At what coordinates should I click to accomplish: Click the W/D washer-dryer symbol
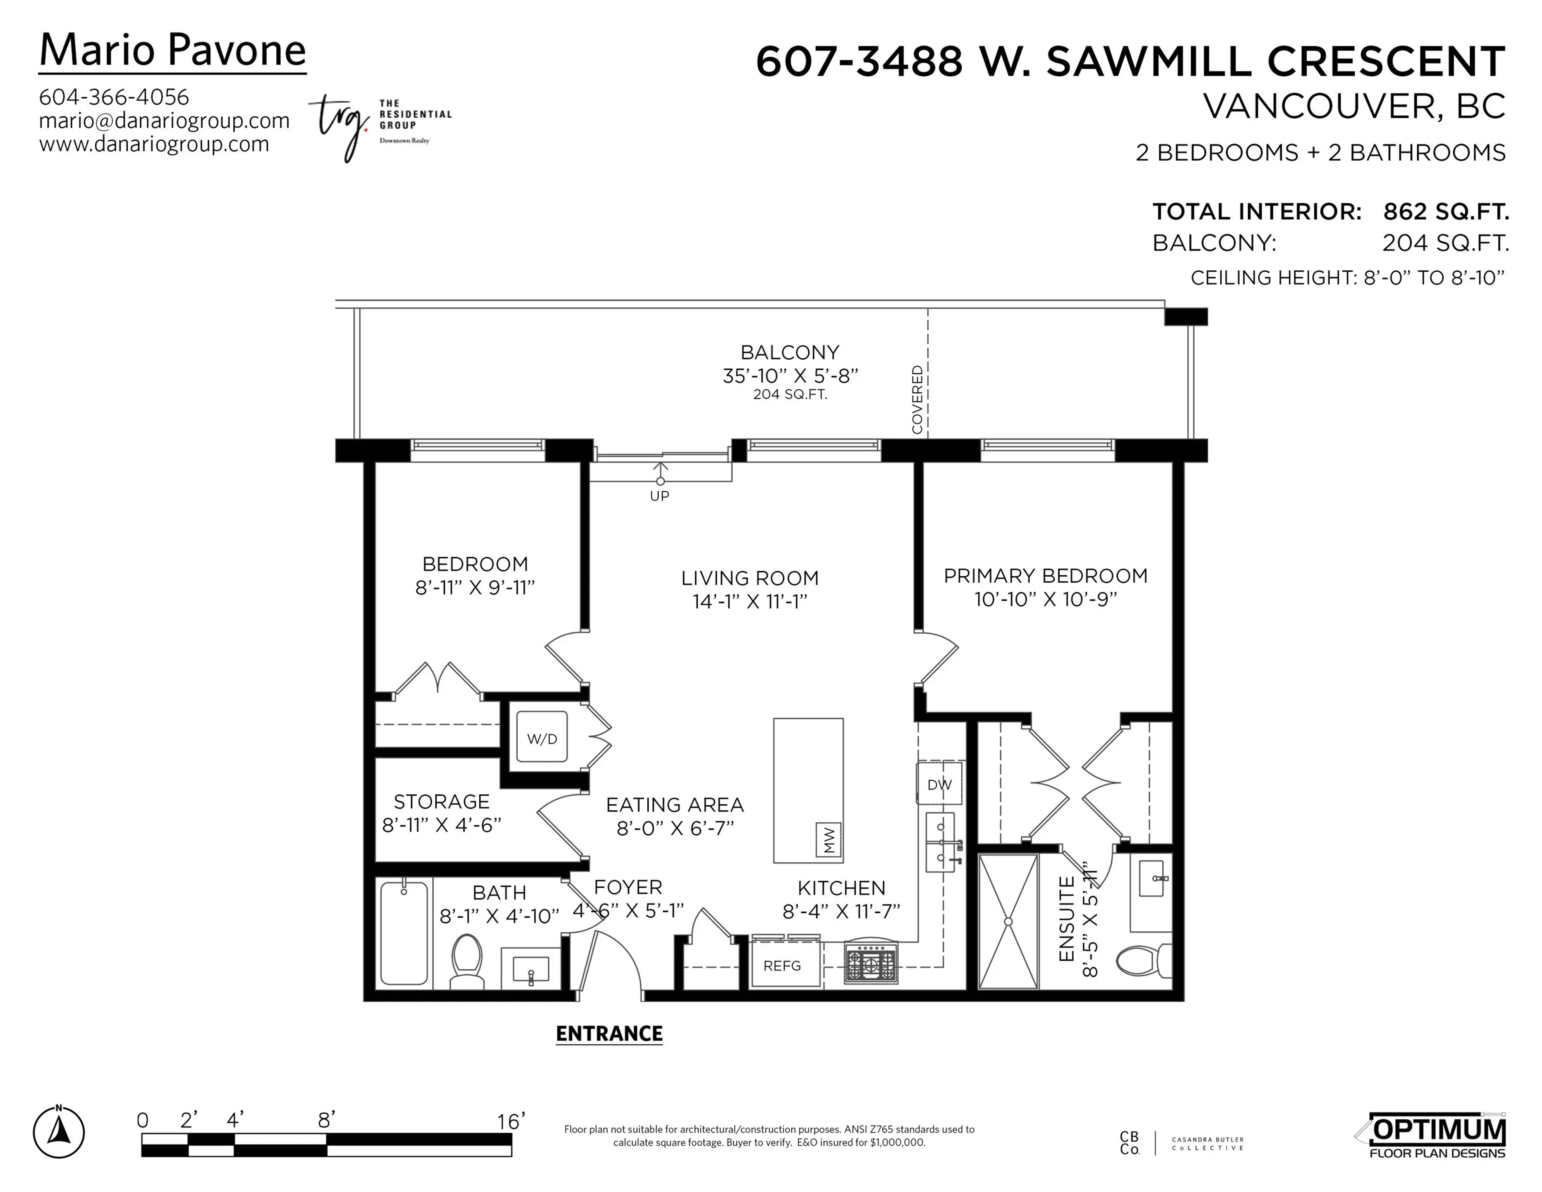coord(542,737)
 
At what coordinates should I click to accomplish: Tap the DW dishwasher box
coord(939,784)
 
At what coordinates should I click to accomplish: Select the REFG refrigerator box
coord(782,965)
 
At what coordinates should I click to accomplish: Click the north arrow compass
coord(59,1133)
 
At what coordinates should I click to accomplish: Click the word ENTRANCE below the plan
coord(609,1034)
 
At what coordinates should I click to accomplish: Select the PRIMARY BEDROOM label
coord(1045,576)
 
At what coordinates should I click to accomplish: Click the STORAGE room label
coord(441,802)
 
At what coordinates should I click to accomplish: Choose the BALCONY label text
coord(789,352)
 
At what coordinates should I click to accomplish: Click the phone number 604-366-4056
coord(114,97)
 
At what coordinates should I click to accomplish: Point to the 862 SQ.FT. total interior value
coord(1445,211)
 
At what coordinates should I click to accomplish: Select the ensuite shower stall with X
coord(1008,922)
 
